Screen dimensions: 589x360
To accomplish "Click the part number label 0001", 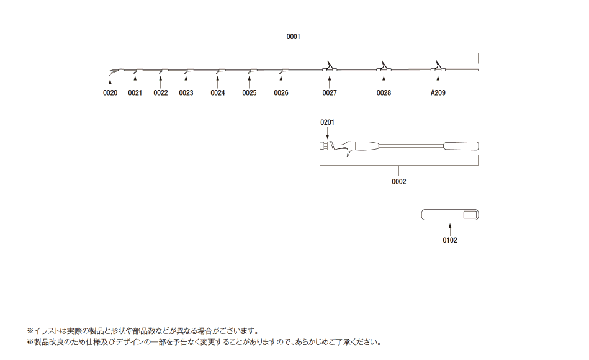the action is [x=294, y=37].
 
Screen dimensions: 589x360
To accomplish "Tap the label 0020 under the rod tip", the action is [x=110, y=93].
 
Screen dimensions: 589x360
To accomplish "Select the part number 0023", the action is [x=186, y=93].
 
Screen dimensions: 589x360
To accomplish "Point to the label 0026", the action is [x=281, y=93].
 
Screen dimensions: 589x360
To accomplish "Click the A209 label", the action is [x=438, y=93].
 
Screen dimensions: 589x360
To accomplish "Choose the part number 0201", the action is [x=327, y=122].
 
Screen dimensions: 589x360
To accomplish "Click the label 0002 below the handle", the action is [x=399, y=181].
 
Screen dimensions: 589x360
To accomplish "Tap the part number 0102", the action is [x=450, y=240].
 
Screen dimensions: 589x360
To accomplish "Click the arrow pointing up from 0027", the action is [x=330, y=82].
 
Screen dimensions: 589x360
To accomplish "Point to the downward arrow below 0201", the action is [x=328, y=133].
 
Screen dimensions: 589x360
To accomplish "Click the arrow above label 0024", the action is [x=217, y=82].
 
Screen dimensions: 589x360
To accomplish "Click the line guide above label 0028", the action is [x=384, y=67].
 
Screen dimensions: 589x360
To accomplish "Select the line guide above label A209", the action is [x=438, y=67].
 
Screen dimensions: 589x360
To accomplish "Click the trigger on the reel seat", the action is [x=349, y=152].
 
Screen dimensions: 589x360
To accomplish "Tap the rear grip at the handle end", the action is [x=461, y=146].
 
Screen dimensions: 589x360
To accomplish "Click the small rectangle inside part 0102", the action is [x=470, y=215].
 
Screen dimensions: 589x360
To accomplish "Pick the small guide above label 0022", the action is [x=161, y=71].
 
